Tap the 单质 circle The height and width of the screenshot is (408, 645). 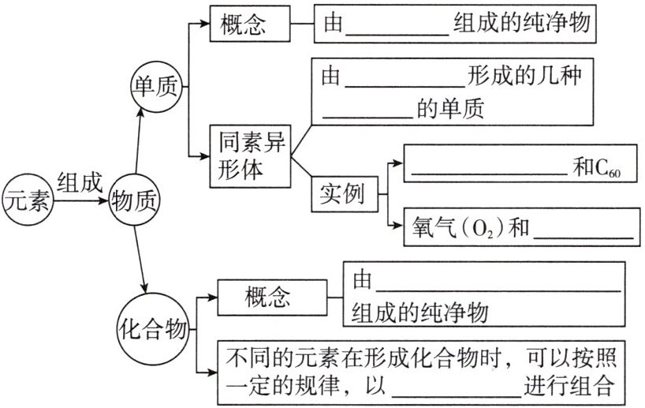tap(158, 85)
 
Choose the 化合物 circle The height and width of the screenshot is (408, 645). tap(155, 325)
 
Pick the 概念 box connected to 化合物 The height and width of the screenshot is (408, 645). tap(267, 298)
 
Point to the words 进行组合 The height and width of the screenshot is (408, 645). tap(568, 387)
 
